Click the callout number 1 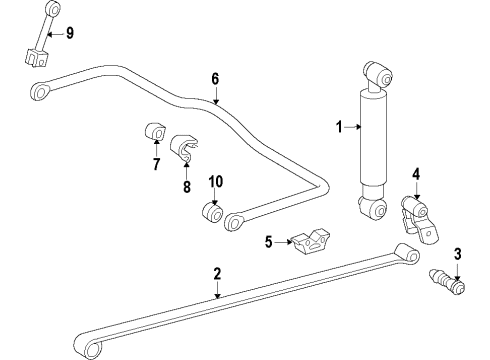pyautogui.click(x=338, y=127)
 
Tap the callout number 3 pyautogui.click(x=457, y=252)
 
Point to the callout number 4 pyautogui.click(x=416, y=173)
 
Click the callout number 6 pyautogui.click(x=215, y=77)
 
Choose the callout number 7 pyautogui.click(x=156, y=164)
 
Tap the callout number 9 pyautogui.click(x=69, y=34)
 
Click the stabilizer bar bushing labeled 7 pyautogui.click(x=155, y=131)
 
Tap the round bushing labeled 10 pyautogui.click(x=213, y=212)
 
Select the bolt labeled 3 pyautogui.click(x=449, y=282)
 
